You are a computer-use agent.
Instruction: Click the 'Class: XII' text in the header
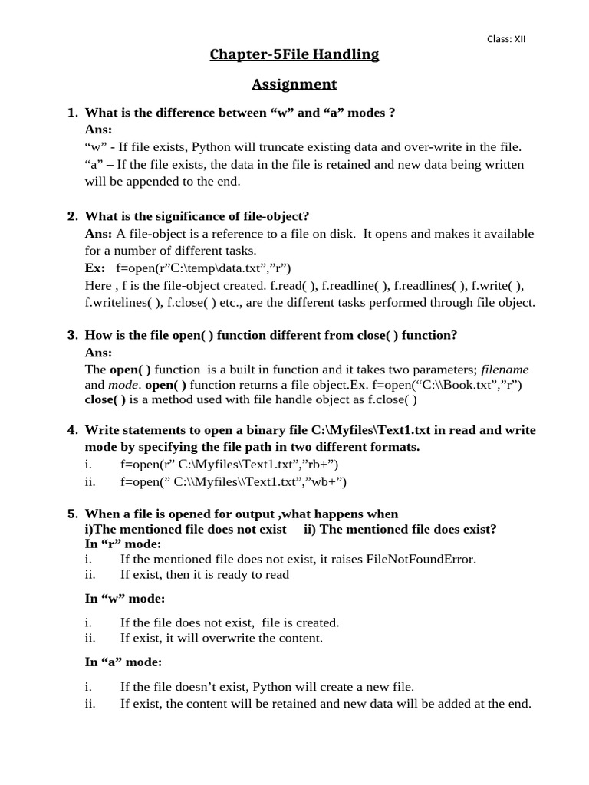click(x=506, y=39)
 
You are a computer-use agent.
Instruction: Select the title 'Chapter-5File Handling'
click(x=295, y=54)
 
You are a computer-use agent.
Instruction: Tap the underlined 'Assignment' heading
click(x=295, y=84)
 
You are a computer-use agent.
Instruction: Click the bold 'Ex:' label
click(x=95, y=268)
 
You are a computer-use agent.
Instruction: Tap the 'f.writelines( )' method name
click(x=120, y=302)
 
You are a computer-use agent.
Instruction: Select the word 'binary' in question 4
click(x=270, y=430)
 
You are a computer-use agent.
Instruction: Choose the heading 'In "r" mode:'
click(x=123, y=544)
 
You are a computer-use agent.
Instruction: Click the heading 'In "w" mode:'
click(x=125, y=598)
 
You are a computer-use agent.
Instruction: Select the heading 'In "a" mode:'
click(x=123, y=662)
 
